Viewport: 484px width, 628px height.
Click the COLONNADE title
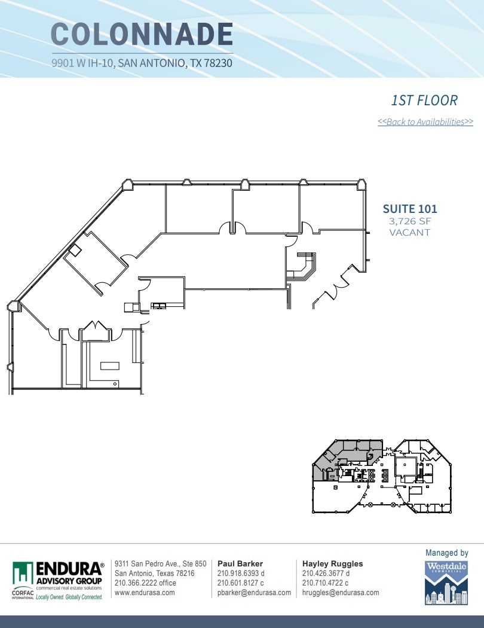click(x=142, y=34)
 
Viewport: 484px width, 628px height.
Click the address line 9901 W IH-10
click(x=142, y=63)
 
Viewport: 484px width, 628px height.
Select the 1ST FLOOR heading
click(x=424, y=100)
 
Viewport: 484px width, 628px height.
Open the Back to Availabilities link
click(x=425, y=122)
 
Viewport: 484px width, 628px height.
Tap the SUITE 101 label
click(x=410, y=209)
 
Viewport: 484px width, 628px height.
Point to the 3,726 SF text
click(x=410, y=221)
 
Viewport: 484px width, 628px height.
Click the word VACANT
click(x=410, y=232)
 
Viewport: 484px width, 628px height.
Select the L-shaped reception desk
click(x=302, y=267)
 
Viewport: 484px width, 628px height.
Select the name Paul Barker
click(x=240, y=563)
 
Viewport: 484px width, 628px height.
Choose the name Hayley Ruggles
click(x=332, y=563)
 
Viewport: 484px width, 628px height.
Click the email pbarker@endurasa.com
click(x=254, y=593)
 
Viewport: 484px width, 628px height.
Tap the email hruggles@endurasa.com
click(x=341, y=593)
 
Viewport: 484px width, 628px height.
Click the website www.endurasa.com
click(x=145, y=593)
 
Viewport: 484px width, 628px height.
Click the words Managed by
click(x=446, y=553)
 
